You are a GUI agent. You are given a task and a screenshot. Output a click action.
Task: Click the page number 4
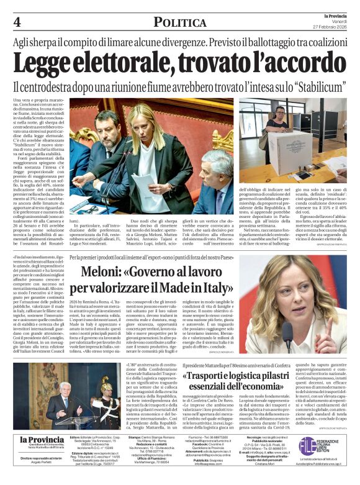(x=16, y=22)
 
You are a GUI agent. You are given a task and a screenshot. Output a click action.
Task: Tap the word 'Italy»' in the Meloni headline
(x=214, y=289)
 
